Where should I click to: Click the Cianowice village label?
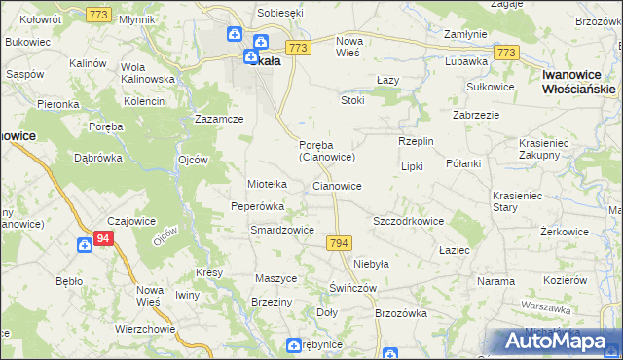click(337, 186)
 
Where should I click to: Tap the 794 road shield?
click(339, 242)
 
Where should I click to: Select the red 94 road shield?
click(105, 237)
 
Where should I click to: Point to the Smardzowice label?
click(281, 231)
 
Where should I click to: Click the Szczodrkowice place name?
click(408, 221)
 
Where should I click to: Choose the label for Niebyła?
click(371, 264)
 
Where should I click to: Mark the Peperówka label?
click(257, 206)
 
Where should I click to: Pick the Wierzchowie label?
click(144, 328)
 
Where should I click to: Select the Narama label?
click(495, 281)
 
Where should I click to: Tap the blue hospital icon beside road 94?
click(86, 245)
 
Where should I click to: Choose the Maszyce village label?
click(275, 278)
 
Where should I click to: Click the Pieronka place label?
click(57, 103)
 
